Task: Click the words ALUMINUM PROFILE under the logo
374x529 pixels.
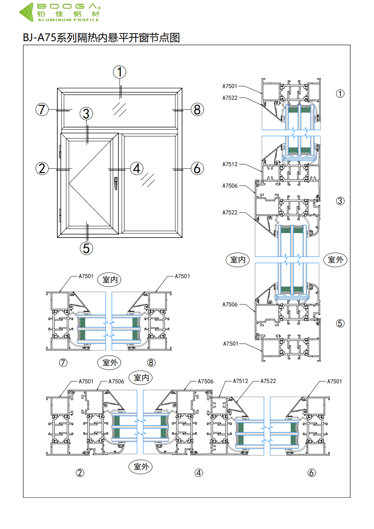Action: (68, 20)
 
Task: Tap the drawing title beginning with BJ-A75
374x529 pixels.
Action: (101, 38)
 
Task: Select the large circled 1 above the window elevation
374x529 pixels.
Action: (120, 72)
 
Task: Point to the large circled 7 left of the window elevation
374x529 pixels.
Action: (42, 110)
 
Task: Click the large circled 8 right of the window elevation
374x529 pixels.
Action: (197, 110)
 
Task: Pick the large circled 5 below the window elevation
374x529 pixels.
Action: (86, 248)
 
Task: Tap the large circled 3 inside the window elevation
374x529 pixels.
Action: (86, 113)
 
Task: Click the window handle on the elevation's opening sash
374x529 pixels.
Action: (116, 183)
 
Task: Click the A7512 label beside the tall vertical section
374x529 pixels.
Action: (230, 164)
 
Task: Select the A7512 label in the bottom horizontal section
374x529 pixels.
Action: (240, 381)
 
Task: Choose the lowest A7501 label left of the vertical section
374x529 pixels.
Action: (231, 344)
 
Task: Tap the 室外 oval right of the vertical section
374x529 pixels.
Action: (335, 260)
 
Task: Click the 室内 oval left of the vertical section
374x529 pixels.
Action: (238, 260)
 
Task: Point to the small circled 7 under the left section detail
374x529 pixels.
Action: (63, 363)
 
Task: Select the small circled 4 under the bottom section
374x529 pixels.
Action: (199, 473)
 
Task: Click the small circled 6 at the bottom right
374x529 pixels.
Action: (312, 473)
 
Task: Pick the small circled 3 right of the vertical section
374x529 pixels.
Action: (340, 201)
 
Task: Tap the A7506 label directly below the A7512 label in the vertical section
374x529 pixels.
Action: (230, 186)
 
